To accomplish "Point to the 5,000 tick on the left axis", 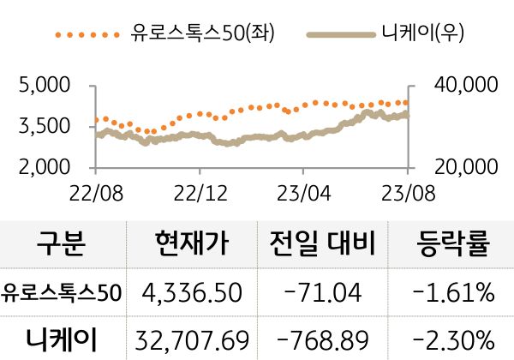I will (44, 86).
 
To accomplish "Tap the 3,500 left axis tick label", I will (44, 127).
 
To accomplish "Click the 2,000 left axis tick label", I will (44, 167).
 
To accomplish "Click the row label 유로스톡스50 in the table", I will (62, 293).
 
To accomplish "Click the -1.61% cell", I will (453, 293).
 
